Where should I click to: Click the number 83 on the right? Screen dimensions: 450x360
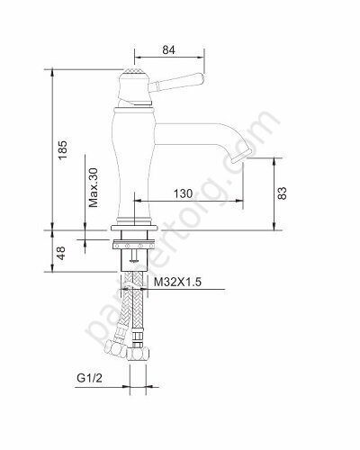[284, 192]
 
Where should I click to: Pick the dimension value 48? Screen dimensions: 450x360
[61, 254]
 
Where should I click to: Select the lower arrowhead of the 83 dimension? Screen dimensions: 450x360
[275, 225]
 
